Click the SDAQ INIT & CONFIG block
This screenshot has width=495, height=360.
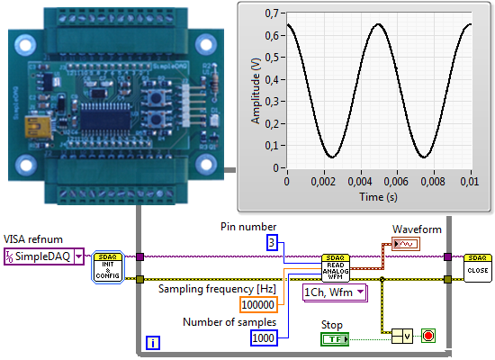tap(106, 267)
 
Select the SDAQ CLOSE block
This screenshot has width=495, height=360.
tap(476, 267)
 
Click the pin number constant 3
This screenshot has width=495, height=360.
tap(271, 243)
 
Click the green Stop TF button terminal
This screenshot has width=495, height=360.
tap(334, 338)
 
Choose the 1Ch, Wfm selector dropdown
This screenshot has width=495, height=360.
tap(333, 292)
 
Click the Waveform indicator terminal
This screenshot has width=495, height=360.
tap(405, 244)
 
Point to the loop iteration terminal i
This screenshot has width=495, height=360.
tap(153, 342)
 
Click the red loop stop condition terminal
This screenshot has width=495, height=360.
tap(427, 336)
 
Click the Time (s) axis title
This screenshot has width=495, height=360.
tap(379, 195)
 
